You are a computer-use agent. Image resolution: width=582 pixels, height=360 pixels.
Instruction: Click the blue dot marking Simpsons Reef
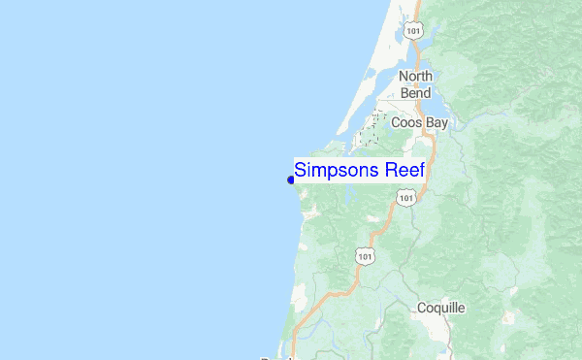(x=291, y=179)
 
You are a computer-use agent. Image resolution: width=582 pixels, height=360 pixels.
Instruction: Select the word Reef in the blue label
(x=407, y=170)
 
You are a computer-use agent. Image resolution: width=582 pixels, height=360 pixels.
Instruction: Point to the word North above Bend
(x=415, y=77)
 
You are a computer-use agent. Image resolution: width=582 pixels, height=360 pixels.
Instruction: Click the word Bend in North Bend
(x=415, y=93)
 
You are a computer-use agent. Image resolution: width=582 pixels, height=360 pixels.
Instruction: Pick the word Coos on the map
(x=406, y=123)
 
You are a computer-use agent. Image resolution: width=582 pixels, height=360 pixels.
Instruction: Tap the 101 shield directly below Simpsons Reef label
(x=405, y=198)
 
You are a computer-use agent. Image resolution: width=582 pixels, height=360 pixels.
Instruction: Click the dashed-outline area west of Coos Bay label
(x=370, y=132)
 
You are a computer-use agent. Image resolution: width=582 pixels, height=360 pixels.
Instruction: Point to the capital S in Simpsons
(x=301, y=170)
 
